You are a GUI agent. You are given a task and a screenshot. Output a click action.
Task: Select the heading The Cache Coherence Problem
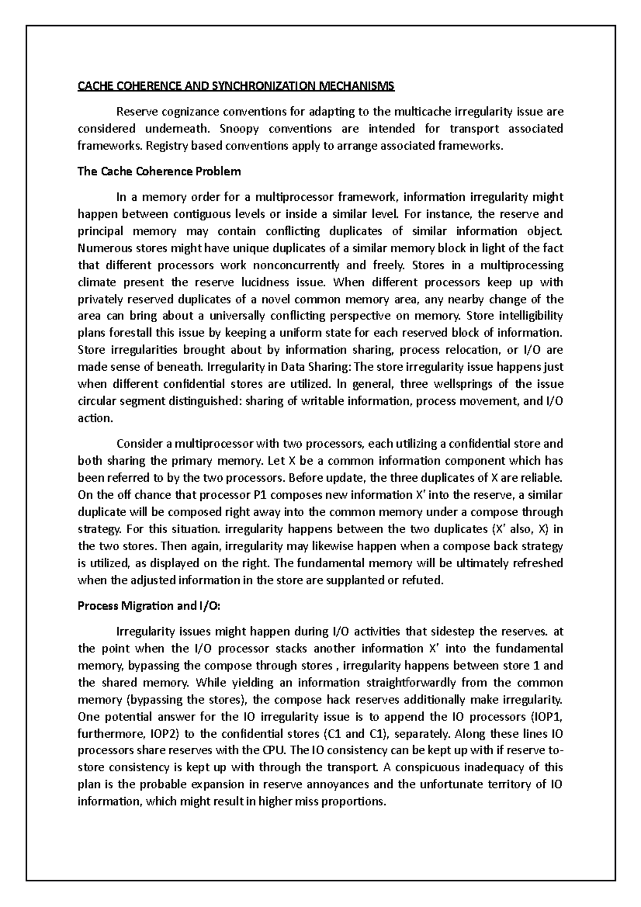pos(159,171)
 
